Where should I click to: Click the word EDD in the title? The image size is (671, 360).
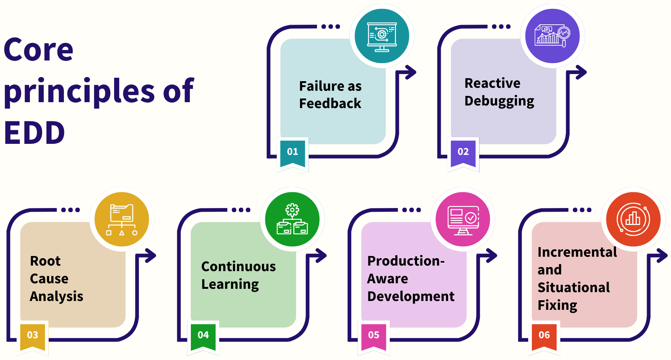pos(34,133)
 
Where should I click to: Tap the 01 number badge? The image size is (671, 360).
pos(293,152)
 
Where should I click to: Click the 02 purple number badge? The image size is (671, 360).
pos(463,152)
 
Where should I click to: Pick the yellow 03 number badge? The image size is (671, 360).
pos(32,335)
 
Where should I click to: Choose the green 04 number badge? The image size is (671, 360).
pos(203,335)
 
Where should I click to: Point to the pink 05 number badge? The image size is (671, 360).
pos(374,335)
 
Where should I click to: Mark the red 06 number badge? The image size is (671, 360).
pos(544,335)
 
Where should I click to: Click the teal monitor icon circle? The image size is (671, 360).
pos(382,36)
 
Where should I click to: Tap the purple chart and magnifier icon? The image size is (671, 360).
pos(553,36)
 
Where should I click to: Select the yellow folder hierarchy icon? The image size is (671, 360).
pos(122,219)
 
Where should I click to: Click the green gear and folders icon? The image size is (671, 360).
pos(292,219)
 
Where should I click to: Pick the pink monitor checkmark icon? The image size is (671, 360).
pos(463,219)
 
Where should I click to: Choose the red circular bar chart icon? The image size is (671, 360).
pos(633,219)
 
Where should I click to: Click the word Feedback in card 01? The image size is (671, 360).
pos(330,104)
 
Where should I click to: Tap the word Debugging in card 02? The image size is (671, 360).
pos(499,101)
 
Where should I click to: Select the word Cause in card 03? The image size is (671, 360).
pos(49,279)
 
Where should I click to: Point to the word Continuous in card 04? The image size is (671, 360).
pos(238,267)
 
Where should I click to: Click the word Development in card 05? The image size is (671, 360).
pos(411,297)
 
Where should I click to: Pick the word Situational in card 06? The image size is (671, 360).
pos(574,288)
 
